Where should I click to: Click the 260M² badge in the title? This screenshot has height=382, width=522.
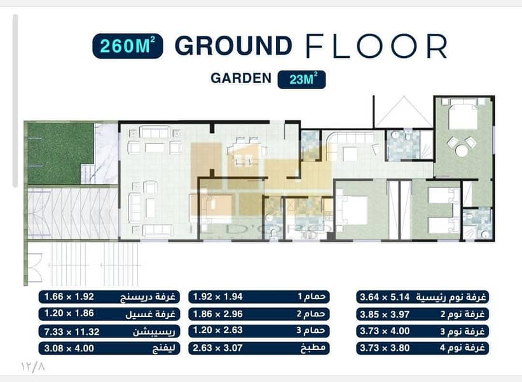click(128, 46)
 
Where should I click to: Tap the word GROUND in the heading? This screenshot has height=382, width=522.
click(233, 46)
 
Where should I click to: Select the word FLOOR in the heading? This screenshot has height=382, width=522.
click(376, 46)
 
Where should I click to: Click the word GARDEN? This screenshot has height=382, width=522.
click(241, 78)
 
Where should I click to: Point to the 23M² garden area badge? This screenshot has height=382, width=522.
click(301, 80)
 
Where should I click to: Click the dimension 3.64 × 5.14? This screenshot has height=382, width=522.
click(385, 297)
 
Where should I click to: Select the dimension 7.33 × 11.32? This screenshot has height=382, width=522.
click(72, 332)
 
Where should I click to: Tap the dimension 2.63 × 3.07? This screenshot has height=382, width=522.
click(217, 348)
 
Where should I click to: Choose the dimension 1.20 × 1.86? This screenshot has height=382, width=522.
click(69, 313)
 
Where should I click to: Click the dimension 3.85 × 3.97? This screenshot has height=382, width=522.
click(385, 315)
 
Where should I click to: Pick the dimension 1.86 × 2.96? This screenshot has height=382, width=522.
click(217, 314)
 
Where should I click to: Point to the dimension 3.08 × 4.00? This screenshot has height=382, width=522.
click(69, 348)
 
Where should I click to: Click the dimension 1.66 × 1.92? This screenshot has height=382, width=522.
click(69, 296)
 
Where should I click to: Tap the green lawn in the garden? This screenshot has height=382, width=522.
click(60, 153)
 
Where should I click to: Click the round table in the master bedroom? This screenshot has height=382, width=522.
click(462, 151)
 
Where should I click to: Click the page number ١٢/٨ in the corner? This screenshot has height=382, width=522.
click(32, 367)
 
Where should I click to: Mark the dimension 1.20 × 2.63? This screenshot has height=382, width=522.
click(217, 330)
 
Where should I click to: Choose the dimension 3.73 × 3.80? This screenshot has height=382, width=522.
click(385, 348)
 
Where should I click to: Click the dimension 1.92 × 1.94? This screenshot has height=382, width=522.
click(217, 297)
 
